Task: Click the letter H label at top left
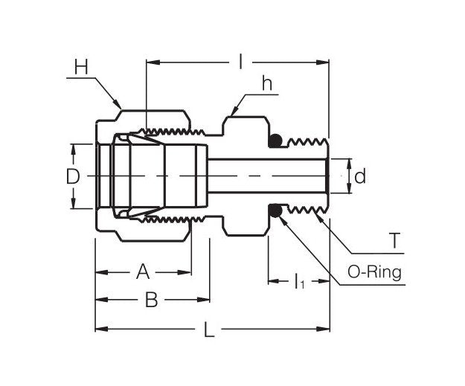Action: (x=81, y=68)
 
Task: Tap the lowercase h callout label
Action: (x=266, y=84)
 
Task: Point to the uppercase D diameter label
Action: (x=72, y=177)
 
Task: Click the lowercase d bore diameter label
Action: (x=360, y=176)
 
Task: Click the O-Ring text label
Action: (x=374, y=271)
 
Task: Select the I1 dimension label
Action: (x=298, y=281)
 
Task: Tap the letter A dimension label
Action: (x=143, y=272)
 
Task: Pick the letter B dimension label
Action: (x=151, y=300)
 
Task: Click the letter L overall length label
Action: (x=209, y=329)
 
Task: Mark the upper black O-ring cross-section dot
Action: (x=275, y=140)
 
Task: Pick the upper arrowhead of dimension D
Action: (x=73, y=148)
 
